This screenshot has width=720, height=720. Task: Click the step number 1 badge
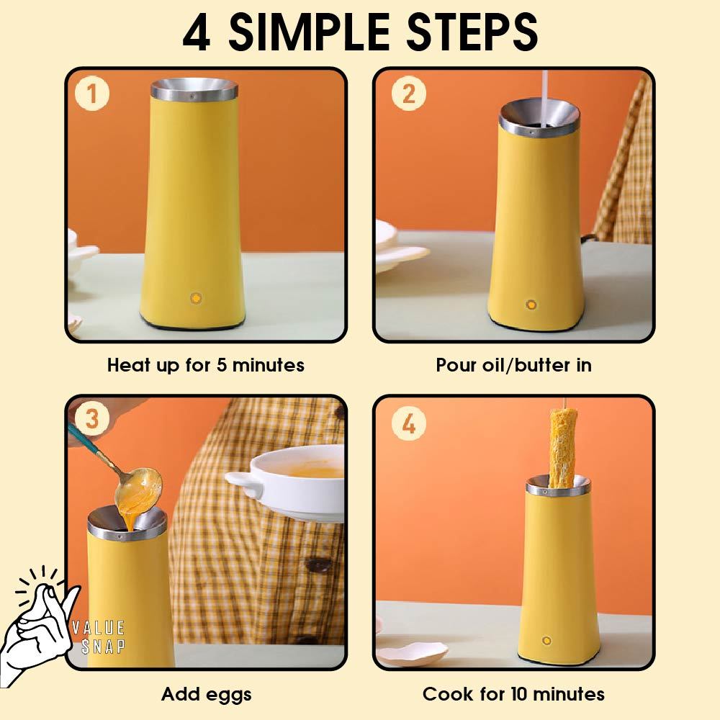(x=92, y=93)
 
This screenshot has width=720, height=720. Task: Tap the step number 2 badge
(x=408, y=93)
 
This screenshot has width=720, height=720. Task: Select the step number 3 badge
(x=92, y=419)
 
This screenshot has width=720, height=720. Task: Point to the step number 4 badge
(x=408, y=423)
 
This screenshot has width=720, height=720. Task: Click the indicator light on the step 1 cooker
(x=196, y=298)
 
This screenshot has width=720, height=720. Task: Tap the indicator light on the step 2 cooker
(x=531, y=305)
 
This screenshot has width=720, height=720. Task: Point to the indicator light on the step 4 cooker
(x=546, y=641)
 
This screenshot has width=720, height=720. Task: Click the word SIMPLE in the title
(x=309, y=32)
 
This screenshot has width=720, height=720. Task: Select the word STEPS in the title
(x=472, y=32)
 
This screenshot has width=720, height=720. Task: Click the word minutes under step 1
(x=268, y=366)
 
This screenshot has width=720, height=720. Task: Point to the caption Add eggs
(x=206, y=694)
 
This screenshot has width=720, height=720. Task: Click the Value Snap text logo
(x=98, y=636)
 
